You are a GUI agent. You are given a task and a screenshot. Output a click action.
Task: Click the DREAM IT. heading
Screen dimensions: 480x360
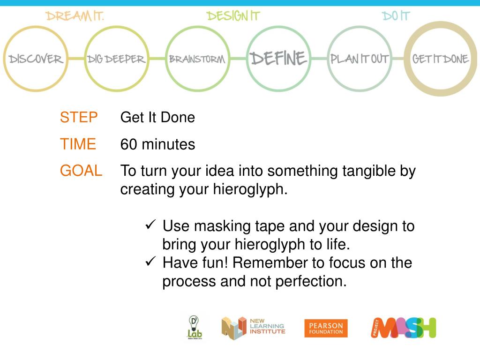pyautogui.click(x=75, y=16)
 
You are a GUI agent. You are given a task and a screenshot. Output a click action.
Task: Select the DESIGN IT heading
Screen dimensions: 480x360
pyautogui.click(x=233, y=16)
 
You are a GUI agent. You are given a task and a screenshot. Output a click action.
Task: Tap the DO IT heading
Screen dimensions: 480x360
pyautogui.click(x=396, y=16)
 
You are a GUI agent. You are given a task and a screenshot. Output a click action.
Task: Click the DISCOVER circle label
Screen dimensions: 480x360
pyautogui.click(x=36, y=59)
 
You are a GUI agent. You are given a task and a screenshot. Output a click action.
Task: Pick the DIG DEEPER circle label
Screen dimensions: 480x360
pyautogui.click(x=116, y=60)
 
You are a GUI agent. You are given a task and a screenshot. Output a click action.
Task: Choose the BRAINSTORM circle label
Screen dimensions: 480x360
pyautogui.click(x=197, y=60)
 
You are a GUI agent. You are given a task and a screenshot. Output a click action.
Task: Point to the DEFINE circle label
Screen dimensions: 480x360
pyautogui.click(x=278, y=59)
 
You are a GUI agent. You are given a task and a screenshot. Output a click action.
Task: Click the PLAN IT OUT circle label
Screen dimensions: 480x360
pyautogui.click(x=360, y=59)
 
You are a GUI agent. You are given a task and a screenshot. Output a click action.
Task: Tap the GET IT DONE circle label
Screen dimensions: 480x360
pyautogui.click(x=440, y=59)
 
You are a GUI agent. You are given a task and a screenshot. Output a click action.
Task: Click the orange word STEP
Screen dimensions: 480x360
pyautogui.click(x=79, y=117)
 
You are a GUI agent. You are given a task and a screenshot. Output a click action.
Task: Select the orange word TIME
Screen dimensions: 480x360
pyautogui.click(x=78, y=144)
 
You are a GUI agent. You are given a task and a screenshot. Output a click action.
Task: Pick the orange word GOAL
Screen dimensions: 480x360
pyautogui.click(x=81, y=171)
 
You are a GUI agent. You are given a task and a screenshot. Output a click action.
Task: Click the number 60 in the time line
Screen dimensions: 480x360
pyautogui.click(x=129, y=144)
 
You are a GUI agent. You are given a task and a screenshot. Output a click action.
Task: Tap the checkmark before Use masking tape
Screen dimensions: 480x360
pyautogui.click(x=150, y=225)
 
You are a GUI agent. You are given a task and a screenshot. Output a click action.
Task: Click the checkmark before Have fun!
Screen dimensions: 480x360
pyautogui.click(x=150, y=262)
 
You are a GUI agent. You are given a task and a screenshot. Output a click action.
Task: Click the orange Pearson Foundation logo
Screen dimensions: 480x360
pyautogui.click(x=326, y=328)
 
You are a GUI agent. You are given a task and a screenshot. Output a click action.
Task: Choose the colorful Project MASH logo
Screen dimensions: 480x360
pyautogui.click(x=404, y=328)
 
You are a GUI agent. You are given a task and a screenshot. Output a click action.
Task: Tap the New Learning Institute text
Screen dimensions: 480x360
pyautogui.click(x=267, y=326)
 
